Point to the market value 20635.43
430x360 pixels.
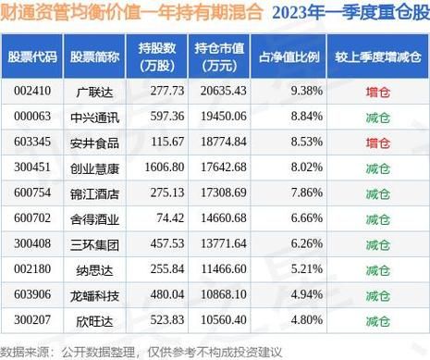[x=221, y=92]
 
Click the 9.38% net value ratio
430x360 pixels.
[x=304, y=92]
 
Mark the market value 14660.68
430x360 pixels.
[x=221, y=217]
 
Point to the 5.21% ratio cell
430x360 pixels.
[x=304, y=267]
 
